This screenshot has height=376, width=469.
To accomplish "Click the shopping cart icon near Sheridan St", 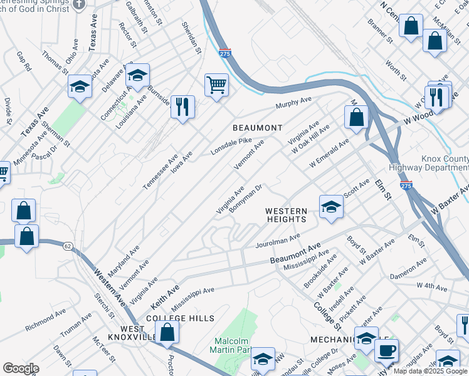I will (216, 85).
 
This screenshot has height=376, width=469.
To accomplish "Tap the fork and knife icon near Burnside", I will (182, 106).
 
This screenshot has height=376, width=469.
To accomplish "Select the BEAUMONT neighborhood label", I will (257, 128).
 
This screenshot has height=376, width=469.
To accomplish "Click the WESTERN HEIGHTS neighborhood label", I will (285, 215).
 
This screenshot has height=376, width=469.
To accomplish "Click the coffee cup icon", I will (386, 350).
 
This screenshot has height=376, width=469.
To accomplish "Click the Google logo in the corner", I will (21, 368).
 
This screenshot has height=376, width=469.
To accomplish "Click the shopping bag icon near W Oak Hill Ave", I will (356, 117).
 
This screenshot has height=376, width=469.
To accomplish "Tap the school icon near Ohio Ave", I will (80, 87).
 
